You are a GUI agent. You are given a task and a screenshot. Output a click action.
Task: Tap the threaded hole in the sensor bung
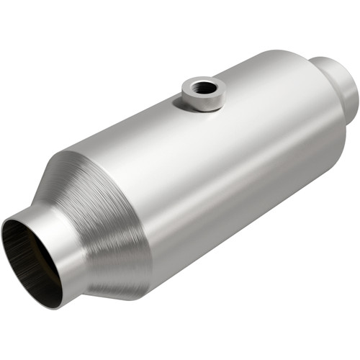point(204,86)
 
